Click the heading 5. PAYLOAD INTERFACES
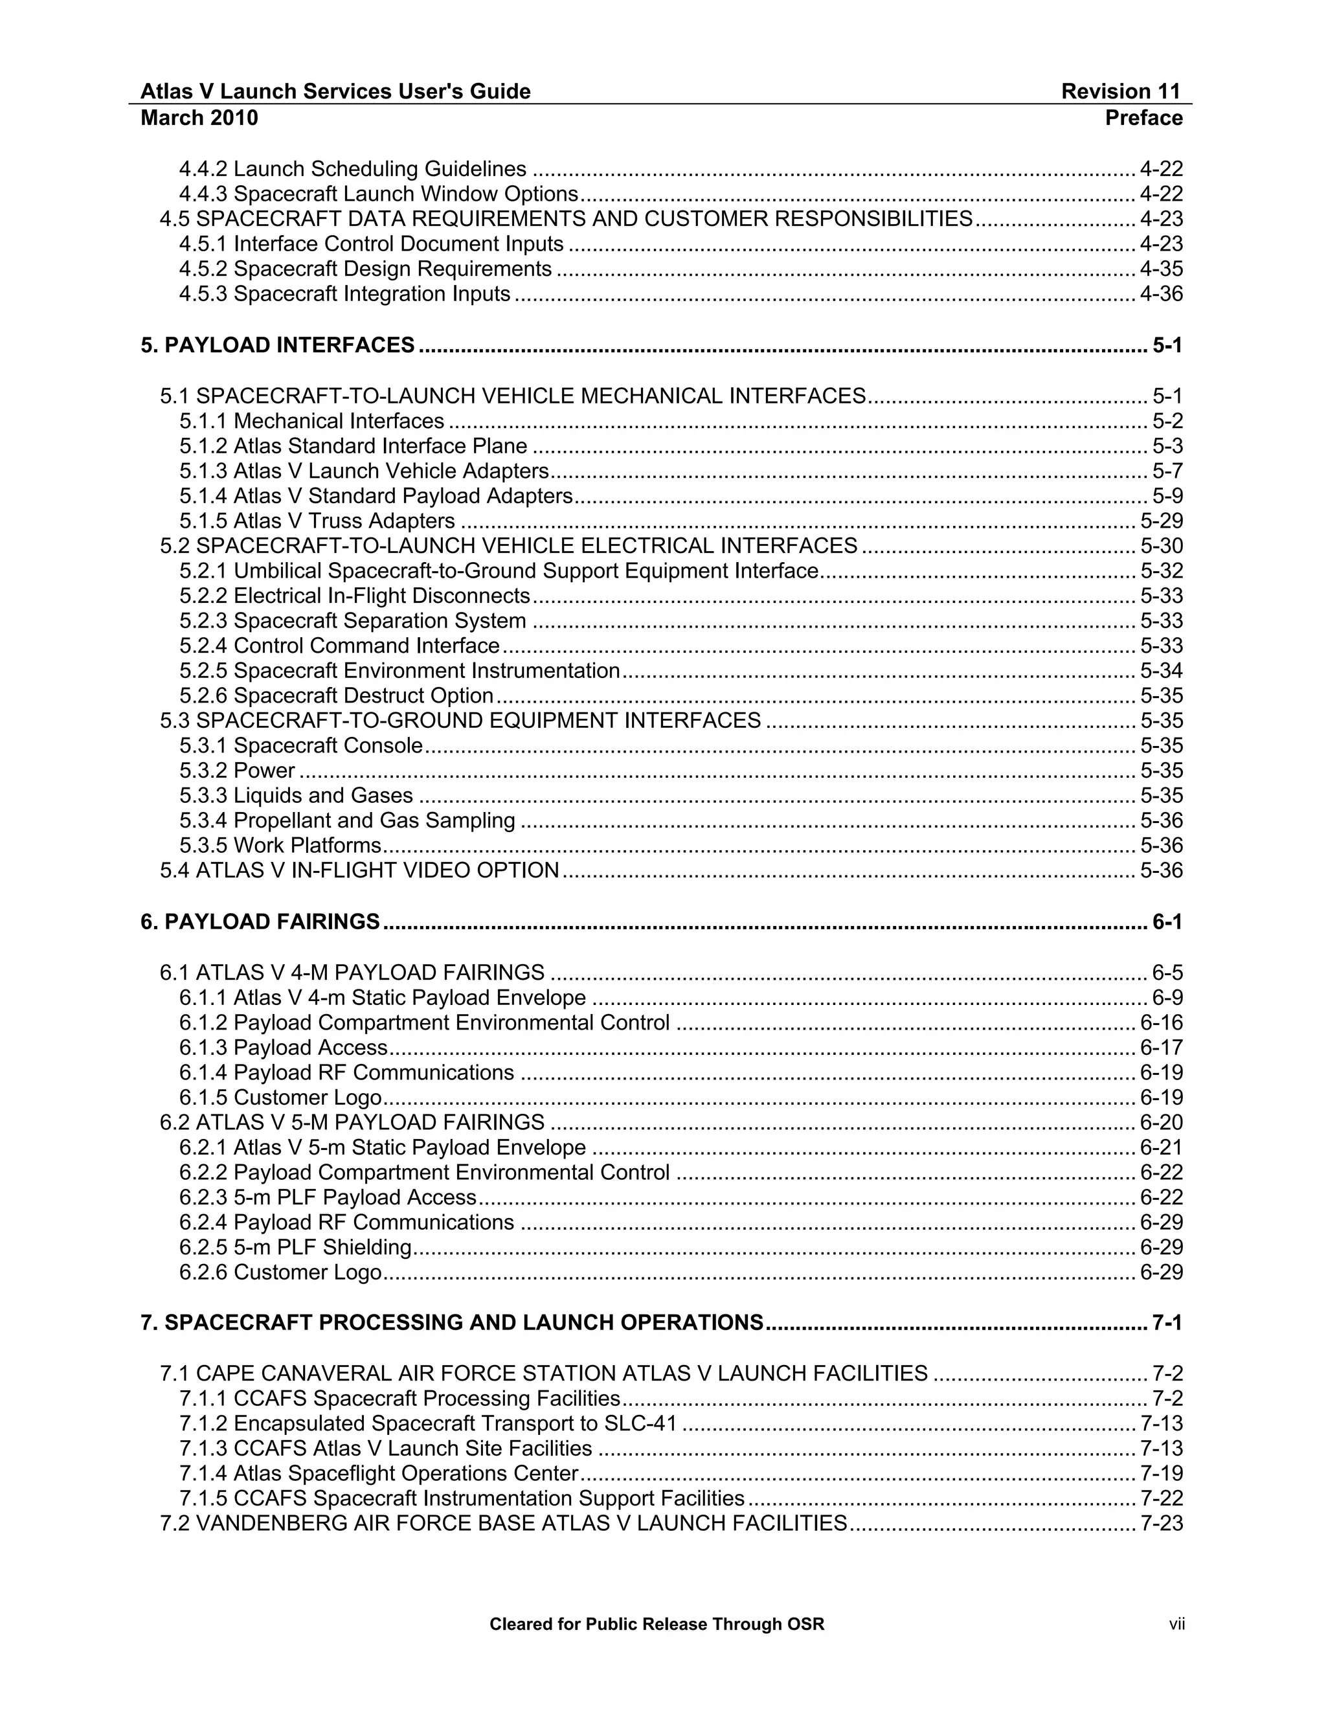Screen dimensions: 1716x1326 [277, 345]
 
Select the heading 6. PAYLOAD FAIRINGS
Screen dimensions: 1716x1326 [260, 921]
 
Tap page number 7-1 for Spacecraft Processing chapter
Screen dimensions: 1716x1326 [1167, 1322]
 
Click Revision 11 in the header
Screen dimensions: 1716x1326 [1120, 91]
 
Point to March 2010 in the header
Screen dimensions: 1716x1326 [199, 118]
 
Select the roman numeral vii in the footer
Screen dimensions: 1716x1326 [1176, 1624]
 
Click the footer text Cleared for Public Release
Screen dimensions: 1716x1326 [657, 1624]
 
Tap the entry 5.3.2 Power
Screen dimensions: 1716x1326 [236, 770]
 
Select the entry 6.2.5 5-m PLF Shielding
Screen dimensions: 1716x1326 [295, 1247]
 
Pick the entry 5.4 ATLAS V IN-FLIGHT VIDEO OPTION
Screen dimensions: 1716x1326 [360, 870]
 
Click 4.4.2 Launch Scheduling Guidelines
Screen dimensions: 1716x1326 [353, 169]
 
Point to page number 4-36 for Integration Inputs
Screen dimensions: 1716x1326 [1161, 294]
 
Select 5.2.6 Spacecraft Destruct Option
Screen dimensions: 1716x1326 [336, 695]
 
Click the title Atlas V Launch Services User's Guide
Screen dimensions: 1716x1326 [335, 91]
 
